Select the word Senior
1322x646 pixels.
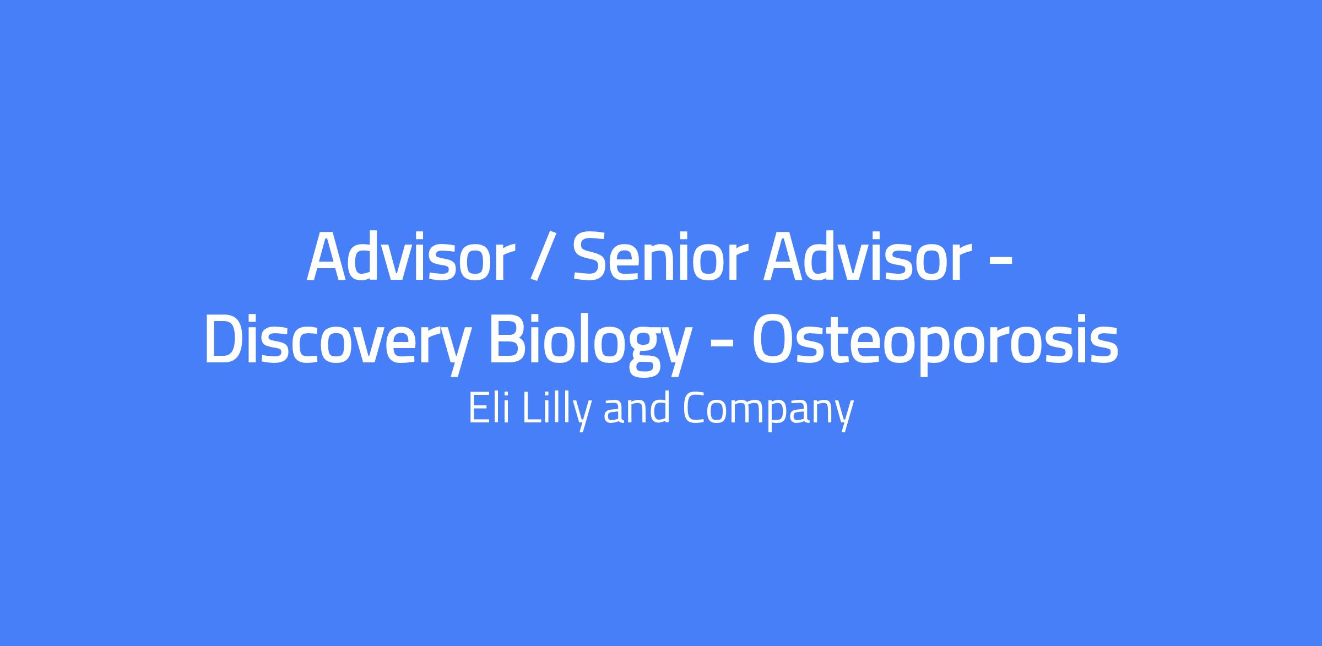[660, 257]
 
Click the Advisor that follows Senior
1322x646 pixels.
[866, 257]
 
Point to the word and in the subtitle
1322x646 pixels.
[637, 408]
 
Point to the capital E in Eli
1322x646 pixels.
[478, 408]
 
